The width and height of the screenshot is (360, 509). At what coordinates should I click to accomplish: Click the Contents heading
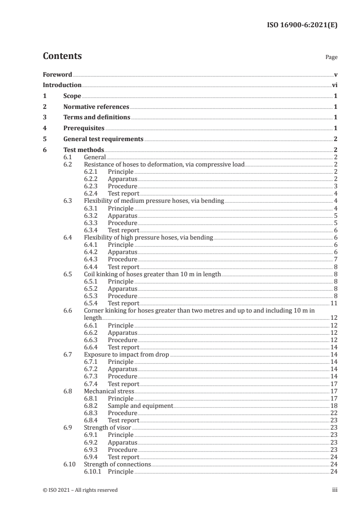[x=62, y=56]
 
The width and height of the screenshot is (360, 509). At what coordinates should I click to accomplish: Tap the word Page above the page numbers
[x=331, y=58]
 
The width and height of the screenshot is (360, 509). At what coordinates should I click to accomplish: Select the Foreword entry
[x=57, y=74]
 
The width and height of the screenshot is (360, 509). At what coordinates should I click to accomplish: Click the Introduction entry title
[x=62, y=85]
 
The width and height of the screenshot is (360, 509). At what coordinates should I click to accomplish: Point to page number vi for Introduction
[x=334, y=85]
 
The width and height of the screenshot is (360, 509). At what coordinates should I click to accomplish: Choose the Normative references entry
[x=96, y=107]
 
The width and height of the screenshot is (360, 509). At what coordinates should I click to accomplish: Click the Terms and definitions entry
[x=97, y=117]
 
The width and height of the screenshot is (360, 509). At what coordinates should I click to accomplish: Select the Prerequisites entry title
[x=84, y=128]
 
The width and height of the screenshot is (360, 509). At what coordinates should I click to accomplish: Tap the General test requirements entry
[x=104, y=139]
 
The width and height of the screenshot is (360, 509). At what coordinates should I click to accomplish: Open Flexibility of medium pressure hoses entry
[x=154, y=201]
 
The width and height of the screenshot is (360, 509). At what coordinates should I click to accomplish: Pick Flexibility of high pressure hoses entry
[x=148, y=238]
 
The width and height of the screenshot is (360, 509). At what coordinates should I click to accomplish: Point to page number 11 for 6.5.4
[x=334, y=303]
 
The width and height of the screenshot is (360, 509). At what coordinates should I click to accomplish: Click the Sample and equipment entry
[x=140, y=406]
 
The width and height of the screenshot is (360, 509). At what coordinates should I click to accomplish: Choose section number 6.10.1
[x=94, y=472]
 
